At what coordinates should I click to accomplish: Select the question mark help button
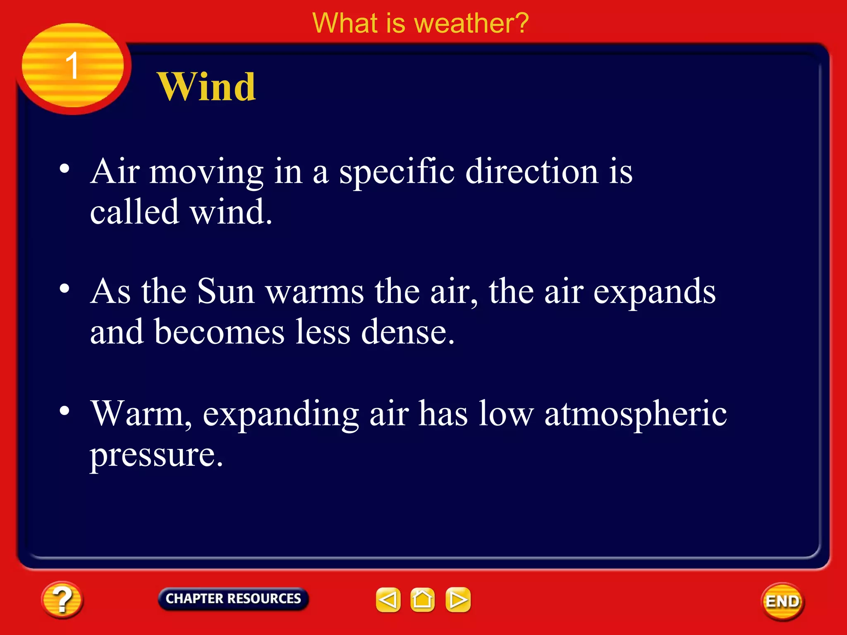pos(62,599)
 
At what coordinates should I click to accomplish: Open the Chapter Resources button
pos(233,599)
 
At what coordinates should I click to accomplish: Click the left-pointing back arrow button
pos(388,599)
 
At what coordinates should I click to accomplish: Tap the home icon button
pos(422,599)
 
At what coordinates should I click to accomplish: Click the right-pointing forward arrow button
pos(458,599)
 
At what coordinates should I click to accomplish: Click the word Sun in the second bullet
pos(225,291)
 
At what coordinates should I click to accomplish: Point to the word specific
pos(397,172)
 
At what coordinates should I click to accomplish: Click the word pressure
pos(156,455)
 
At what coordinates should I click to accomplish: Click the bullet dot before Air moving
pos(65,169)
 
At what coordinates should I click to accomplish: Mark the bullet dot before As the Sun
pos(65,289)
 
